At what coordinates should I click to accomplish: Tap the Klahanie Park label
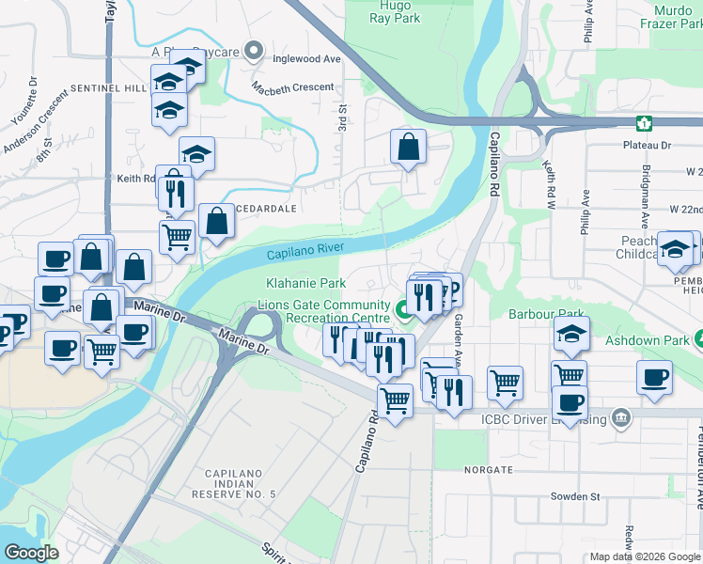[x=300, y=282]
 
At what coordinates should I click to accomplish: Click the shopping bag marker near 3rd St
[x=408, y=148]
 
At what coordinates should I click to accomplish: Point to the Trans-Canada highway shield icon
[x=645, y=123]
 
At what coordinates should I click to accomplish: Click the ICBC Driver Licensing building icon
[x=620, y=416]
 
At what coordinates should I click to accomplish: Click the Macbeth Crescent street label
[x=292, y=87]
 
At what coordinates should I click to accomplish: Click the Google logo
[x=31, y=553]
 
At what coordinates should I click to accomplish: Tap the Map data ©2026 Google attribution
[x=645, y=556]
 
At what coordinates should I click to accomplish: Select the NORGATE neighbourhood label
[x=487, y=468]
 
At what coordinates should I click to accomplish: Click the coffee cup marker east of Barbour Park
[x=654, y=378]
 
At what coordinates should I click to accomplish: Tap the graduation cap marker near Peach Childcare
[x=675, y=249]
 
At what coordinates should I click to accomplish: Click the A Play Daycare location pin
[x=253, y=51]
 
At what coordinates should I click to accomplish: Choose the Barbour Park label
[x=546, y=314]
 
